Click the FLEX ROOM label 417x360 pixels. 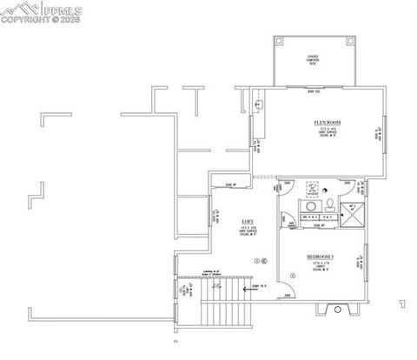point(326,122)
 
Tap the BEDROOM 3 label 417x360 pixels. point(321,258)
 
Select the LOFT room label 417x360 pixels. point(222,223)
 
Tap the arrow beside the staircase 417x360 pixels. point(244,291)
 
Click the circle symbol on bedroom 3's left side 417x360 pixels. point(295,276)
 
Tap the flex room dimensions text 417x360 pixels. point(326,130)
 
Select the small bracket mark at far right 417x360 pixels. point(401,303)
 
